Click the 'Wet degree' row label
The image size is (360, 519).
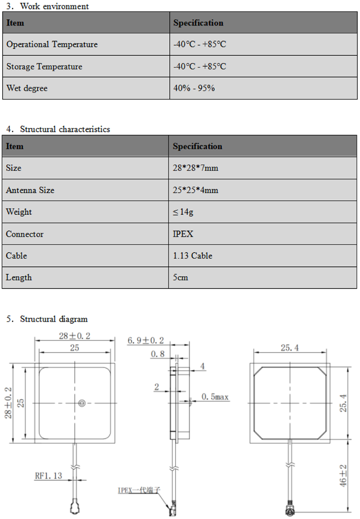click(27, 88)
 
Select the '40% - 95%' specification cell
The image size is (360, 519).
click(194, 88)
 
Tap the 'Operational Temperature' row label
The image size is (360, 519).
click(52, 44)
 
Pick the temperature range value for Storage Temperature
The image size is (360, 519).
click(199, 67)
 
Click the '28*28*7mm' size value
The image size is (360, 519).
click(195, 168)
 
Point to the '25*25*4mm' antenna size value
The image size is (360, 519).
click(196, 190)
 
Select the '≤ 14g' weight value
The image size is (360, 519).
click(183, 212)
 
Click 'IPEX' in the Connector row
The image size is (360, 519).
click(183, 234)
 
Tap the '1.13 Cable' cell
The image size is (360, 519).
click(192, 256)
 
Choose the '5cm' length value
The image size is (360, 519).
click(180, 278)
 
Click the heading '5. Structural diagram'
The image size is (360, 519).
click(47, 319)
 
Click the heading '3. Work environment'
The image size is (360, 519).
click(48, 6)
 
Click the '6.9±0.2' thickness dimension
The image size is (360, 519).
click(146, 341)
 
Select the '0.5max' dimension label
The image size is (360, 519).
click(215, 397)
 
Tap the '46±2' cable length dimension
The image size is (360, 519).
click(343, 476)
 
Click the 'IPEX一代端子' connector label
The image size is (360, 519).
click(139, 490)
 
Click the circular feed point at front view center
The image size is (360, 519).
click(82, 403)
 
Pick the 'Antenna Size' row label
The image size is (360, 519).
click(30, 190)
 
